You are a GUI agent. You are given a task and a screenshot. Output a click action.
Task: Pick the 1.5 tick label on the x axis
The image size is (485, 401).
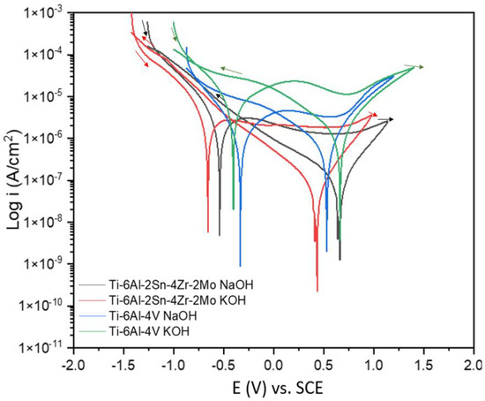pyautogui.click(x=424, y=363)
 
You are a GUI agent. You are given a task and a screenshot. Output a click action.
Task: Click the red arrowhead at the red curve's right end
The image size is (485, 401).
pyautogui.click(x=375, y=115)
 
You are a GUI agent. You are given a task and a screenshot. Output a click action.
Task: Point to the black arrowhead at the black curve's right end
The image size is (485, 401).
pyautogui.click(x=392, y=118)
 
